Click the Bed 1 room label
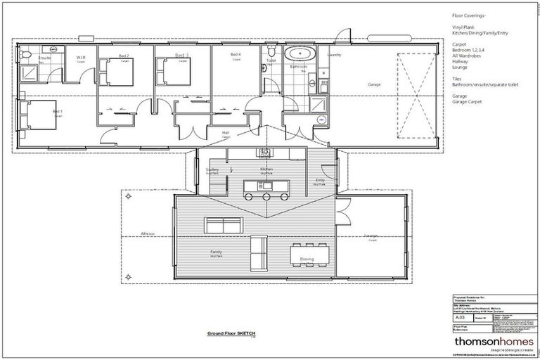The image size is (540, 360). tap(57, 111)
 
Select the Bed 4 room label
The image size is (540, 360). tap(236, 55)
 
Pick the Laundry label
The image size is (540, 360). tap(334, 54)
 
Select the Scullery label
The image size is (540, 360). tap(212, 169)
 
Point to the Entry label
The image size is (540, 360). tap(320, 180)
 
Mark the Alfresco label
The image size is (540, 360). tap(148, 233)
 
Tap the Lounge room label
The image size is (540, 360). tap(371, 236)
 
